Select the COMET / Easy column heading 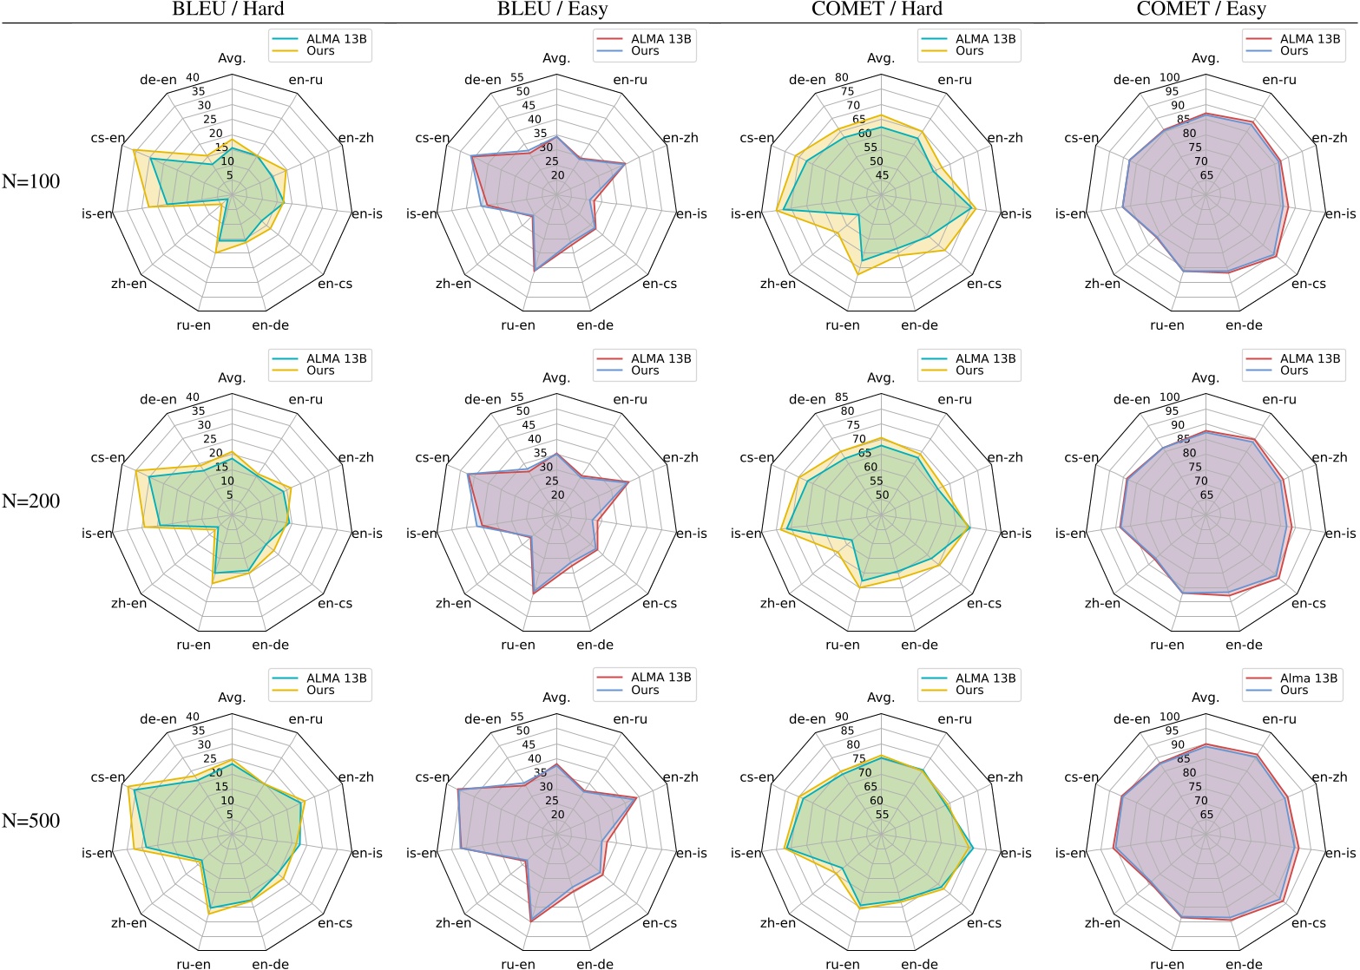pos(1204,10)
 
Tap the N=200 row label pos(31,501)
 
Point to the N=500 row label pos(31,821)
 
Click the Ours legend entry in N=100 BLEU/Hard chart pos(320,51)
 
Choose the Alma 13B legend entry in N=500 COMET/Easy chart pos(1309,678)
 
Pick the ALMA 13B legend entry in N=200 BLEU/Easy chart pos(660,358)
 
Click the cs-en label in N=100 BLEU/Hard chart pos(108,138)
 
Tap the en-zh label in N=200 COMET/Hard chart pos(1005,457)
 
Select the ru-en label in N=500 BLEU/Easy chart pos(517,964)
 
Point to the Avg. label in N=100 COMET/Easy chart pos(1205,58)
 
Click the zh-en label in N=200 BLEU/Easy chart pos(453,603)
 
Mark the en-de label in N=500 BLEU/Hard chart pos(270,964)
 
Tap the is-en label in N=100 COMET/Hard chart pos(746,214)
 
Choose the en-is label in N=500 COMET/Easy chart pos(1340,853)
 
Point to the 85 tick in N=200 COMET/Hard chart pos(841,398)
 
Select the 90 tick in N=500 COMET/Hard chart pos(841,718)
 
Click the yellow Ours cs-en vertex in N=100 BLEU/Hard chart pos(134,151)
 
